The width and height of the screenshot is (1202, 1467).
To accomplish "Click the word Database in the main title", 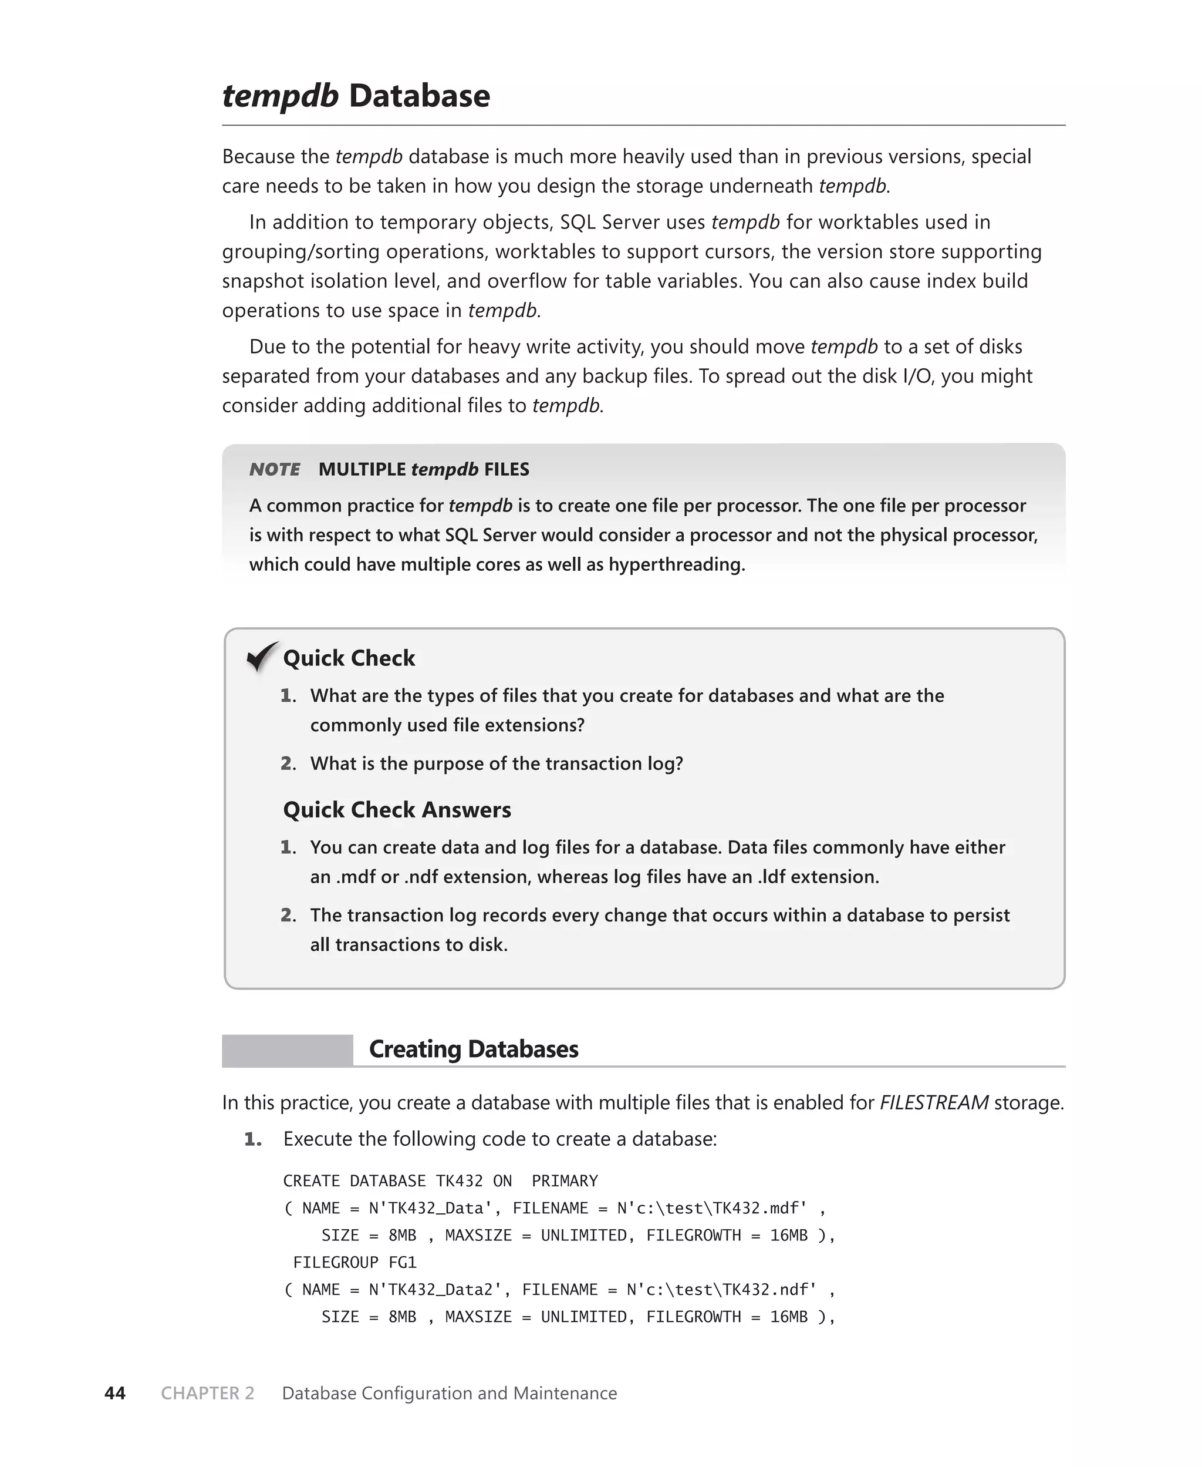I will click(x=419, y=96).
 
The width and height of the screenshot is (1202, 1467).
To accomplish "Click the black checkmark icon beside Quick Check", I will click(x=262, y=656).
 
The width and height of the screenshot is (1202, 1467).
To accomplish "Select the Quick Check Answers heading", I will click(x=397, y=809).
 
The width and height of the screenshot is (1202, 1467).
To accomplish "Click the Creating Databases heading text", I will click(x=474, y=1049).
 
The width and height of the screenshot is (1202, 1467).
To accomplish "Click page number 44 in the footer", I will click(x=115, y=1393).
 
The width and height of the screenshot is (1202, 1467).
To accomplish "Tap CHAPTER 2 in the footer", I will click(x=208, y=1393).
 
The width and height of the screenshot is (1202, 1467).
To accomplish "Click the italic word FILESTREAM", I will click(x=933, y=1102).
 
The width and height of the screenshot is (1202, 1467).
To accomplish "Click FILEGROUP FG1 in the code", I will click(x=354, y=1262).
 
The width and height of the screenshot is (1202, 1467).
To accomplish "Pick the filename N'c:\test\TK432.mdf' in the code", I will click(x=712, y=1208).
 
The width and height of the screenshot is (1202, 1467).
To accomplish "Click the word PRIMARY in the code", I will click(x=564, y=1181).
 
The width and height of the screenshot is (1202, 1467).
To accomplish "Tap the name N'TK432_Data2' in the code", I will click(x=435, y=1290).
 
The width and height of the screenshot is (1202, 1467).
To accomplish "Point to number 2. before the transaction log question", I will click(x=288, y=763).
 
